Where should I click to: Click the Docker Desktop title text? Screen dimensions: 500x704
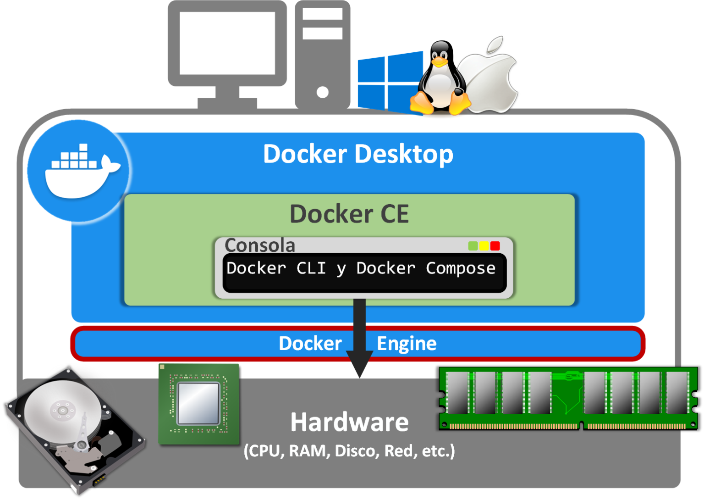tap(358, 154)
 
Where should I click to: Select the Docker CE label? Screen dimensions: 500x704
tap(349, 214)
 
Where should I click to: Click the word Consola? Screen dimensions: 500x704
tap(259, 245)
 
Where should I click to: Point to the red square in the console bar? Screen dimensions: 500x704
tap(495, 246)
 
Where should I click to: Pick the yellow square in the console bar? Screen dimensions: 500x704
tap(484, 246)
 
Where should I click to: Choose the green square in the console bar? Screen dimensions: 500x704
tap(473, 246)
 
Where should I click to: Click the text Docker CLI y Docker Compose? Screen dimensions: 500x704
tap(361, 268)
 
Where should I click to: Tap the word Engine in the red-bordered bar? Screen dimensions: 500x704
tap(407, 344)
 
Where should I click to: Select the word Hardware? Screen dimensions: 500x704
tap(349, 422)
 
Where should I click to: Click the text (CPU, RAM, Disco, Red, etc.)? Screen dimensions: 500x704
tap(349, 451)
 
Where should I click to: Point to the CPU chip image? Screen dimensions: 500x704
tap(199, 404)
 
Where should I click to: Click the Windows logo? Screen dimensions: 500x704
tap(390, 83)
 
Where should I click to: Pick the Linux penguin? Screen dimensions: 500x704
tap(440, 78)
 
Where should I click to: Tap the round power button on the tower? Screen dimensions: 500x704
tap(323, 92)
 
